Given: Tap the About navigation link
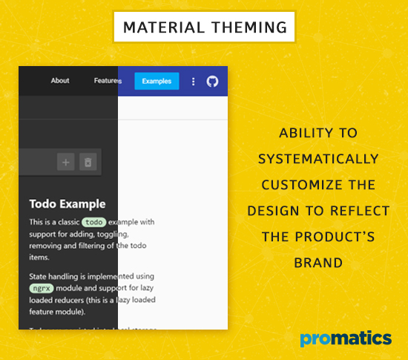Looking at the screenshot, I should [x=60, y=81].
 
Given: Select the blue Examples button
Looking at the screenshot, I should [x=157, y=81].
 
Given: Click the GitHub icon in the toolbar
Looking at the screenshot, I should [x=213, y=81].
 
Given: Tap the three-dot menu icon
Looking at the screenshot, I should [x=194, y=81].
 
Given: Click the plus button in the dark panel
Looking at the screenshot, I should [x=66, y=162].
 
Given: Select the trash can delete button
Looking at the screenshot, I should [x=88, y=162].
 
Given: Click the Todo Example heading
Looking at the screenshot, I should [x=68, y=203].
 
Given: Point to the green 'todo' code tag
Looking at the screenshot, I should [x=94, y=222].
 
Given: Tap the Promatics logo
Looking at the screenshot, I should [x=346, y=339].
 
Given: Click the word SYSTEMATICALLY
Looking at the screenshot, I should [x=318, y=159].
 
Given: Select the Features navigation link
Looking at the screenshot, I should [x=107, y=81].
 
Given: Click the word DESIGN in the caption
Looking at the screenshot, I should [x=272, y=211].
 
